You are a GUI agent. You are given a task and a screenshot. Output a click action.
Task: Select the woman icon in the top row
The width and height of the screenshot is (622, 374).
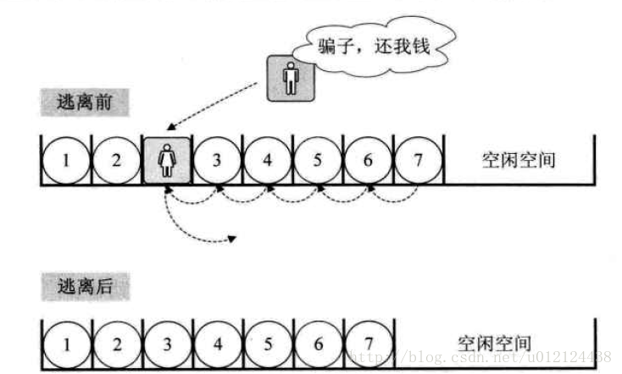167,159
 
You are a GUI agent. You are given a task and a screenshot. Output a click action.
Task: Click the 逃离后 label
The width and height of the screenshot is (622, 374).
85,287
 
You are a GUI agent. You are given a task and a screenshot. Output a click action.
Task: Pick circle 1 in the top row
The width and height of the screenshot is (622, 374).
66,159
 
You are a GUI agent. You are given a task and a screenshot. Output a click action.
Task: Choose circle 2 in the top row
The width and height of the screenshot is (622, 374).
116,159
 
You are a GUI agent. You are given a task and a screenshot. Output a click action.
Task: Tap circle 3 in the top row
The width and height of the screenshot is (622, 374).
217,159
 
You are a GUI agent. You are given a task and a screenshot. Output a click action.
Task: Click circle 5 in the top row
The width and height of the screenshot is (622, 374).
317,159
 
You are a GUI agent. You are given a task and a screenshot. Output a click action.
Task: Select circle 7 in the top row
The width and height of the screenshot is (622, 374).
418,159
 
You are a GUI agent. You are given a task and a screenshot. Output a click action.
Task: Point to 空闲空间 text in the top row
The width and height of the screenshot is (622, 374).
519,159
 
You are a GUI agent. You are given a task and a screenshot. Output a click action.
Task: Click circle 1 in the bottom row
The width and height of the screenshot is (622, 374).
66,344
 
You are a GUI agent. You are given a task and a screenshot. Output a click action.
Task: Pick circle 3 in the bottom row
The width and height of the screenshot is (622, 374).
167,344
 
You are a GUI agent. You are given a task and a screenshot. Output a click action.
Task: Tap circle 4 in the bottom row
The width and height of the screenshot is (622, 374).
218,344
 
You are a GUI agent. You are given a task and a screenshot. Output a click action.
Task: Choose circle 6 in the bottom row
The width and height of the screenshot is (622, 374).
318,344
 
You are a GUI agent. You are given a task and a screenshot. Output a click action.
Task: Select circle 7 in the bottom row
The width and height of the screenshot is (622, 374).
368,344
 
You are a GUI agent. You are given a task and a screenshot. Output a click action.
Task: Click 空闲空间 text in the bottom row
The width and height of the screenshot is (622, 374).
495,343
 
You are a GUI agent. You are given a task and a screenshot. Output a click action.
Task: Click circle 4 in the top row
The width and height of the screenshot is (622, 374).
267,159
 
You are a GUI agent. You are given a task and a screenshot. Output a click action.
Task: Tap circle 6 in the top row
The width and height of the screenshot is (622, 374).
368,159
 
